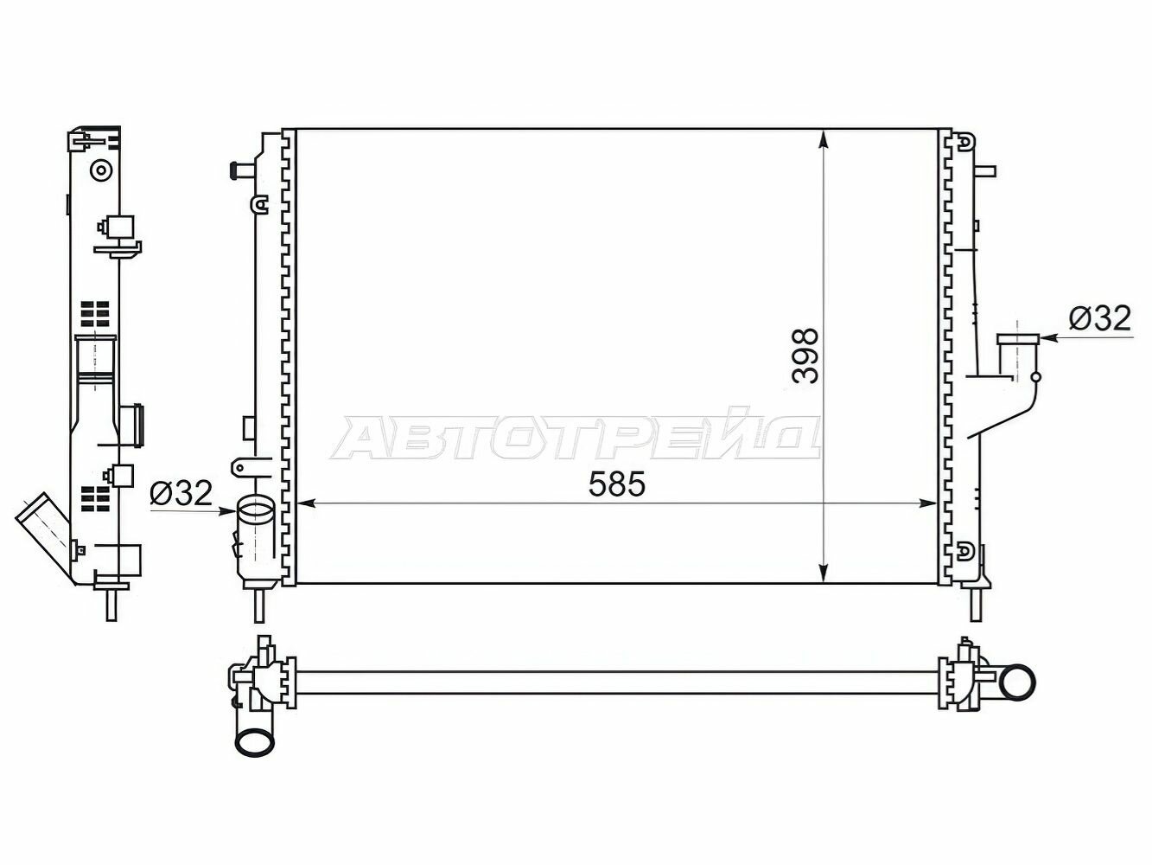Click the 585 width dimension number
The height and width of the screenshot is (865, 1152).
[616, 484]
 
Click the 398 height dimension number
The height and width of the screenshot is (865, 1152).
[805, 356]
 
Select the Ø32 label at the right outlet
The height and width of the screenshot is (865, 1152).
[1099, 317]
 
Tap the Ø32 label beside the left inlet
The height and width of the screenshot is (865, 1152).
[181, 493]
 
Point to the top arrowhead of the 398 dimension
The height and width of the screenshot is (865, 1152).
[824, 140]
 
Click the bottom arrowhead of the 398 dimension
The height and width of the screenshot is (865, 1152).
[824, 572]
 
